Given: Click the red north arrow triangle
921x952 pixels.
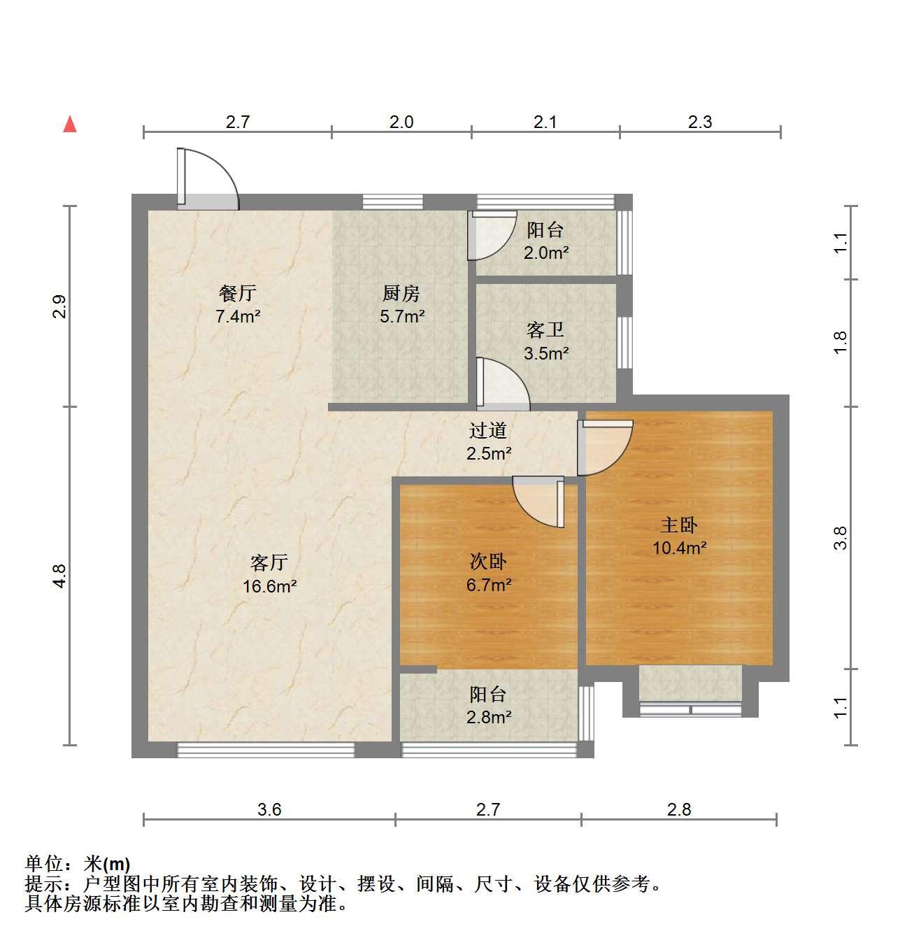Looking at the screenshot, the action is point(70,125).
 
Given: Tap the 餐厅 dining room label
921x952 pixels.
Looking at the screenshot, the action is point(238,293).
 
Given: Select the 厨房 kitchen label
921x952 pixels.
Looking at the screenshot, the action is point(401,293).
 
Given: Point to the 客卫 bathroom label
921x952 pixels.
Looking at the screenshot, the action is point(545,329).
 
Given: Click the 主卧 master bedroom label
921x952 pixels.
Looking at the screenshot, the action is point(679,525).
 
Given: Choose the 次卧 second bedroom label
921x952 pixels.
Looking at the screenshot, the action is point(488,562).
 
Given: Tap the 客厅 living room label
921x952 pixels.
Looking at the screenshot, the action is point(269,562).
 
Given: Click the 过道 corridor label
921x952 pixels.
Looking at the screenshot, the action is point(488,430).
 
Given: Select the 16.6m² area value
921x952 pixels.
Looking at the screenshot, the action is point(270,585).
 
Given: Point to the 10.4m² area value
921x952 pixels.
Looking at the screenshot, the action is point(679,548).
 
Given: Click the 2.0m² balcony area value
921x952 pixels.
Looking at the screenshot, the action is point(546,253).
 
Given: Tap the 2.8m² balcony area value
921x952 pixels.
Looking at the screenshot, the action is point(489,717).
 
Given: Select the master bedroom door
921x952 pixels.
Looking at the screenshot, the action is point(605,448).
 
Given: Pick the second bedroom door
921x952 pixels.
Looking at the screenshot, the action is point(538,502).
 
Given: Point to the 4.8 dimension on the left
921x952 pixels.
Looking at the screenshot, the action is point(59,576).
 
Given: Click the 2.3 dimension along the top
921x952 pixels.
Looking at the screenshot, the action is point(700,122).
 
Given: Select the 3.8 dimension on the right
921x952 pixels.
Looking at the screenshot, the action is point(841,538).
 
